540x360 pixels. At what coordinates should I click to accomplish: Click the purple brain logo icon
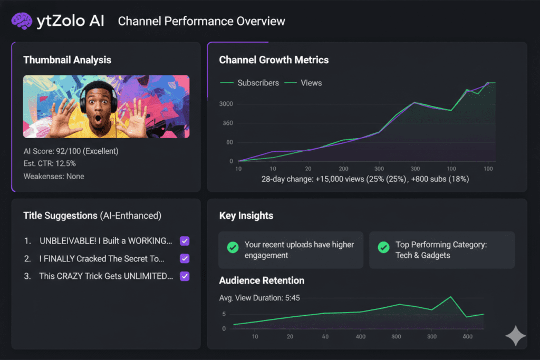tap(22, 21)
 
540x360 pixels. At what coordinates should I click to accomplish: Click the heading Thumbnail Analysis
tap(67, 60)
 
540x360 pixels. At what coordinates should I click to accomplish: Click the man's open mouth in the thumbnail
tap(98, 120)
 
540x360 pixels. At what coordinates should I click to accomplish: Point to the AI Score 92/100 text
tap(71, 151)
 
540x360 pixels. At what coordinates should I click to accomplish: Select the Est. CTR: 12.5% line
tap(50, 163)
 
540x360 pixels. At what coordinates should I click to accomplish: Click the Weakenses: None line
tap(54, 176)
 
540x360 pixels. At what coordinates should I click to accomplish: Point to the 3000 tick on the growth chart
tap(226, 104)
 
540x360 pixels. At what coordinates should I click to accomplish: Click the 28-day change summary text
tap(365, 179)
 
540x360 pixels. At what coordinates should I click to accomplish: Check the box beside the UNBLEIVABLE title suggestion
tap(185, 241)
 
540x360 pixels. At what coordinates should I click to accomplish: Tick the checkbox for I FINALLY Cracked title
tap(185, 258)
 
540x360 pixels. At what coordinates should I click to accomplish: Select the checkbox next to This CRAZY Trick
tap(185, 276)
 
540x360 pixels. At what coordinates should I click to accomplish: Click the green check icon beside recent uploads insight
tap(232, 246)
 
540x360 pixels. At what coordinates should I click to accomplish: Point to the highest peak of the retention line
tap(450, 297)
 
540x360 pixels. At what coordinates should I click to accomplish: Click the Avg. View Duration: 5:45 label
tap(259, 298)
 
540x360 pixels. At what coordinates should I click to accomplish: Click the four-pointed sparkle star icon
tap(515, 336)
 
